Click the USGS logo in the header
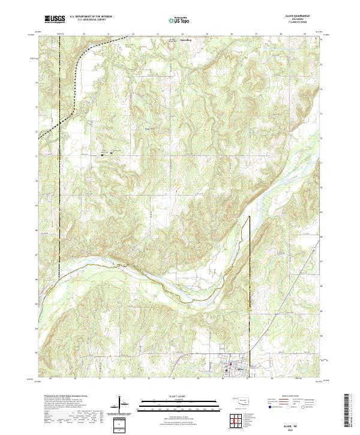pos(55,20)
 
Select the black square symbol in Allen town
pos(224,373)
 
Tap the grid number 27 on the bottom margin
pos(247,379)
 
